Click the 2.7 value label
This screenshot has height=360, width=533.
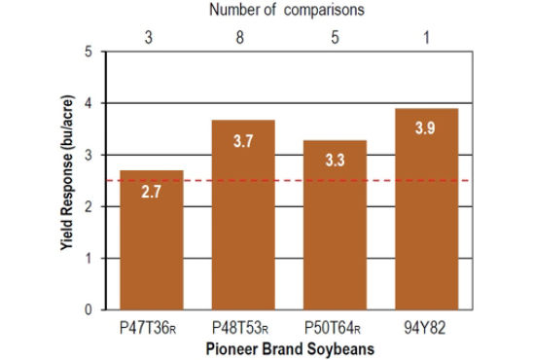pos(151,194)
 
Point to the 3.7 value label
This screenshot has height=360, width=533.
pos(243,142)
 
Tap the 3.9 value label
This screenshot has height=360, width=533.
pos(425,129)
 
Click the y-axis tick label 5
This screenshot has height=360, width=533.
pos(89,52)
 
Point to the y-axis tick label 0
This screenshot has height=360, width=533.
pos(89,310)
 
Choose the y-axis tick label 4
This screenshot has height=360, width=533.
pos(89,103)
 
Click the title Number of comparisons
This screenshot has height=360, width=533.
pos(288,10)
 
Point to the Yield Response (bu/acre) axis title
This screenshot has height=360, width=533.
pos(69,180)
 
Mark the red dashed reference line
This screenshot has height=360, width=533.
pos(195,180)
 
